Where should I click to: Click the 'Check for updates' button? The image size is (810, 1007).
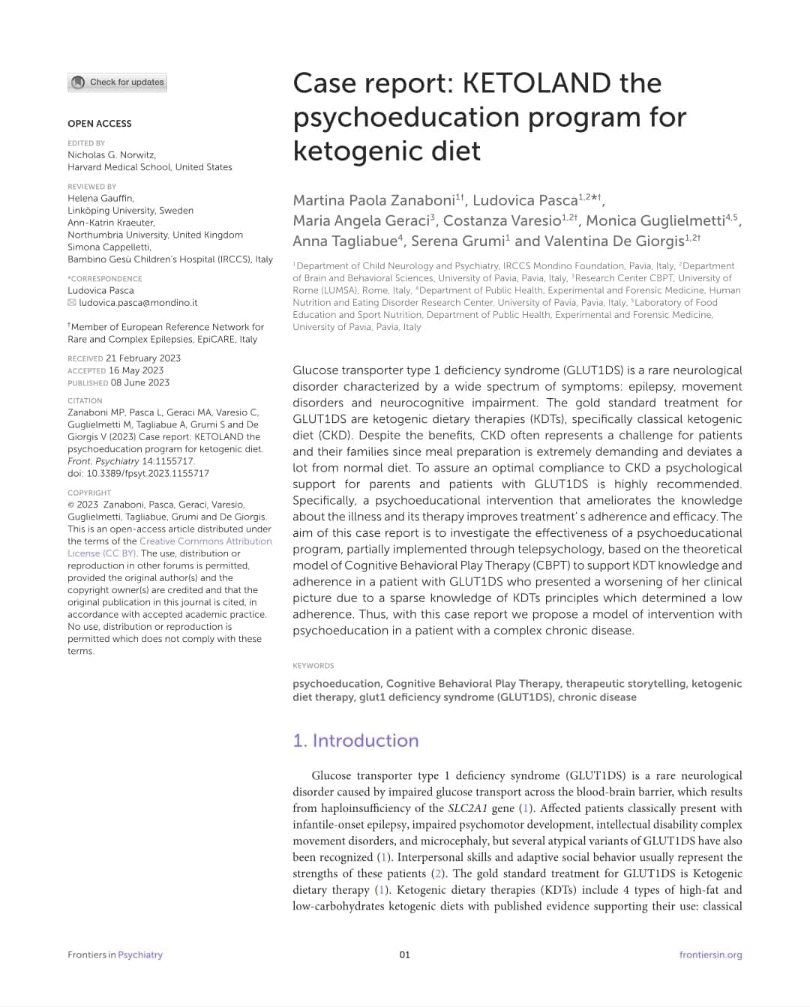118,82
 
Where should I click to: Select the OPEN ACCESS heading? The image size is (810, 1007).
100,124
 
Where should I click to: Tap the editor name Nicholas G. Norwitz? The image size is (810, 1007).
111,155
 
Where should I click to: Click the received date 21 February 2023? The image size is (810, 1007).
143,358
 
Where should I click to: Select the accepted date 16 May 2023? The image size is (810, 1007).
136,370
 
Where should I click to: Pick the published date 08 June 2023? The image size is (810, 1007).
140,382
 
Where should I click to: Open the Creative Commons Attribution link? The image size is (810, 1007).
205,541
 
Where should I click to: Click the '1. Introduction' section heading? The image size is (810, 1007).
355,741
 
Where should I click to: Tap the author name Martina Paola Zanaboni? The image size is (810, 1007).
373,200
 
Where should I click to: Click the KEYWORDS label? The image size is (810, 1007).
313,666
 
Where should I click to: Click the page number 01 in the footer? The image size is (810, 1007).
405,955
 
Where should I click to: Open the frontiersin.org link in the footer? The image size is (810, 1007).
710,955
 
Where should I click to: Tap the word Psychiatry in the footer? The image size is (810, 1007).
140,955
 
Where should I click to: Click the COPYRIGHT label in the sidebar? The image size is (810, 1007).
89,493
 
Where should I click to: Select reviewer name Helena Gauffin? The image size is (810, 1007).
100,199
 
